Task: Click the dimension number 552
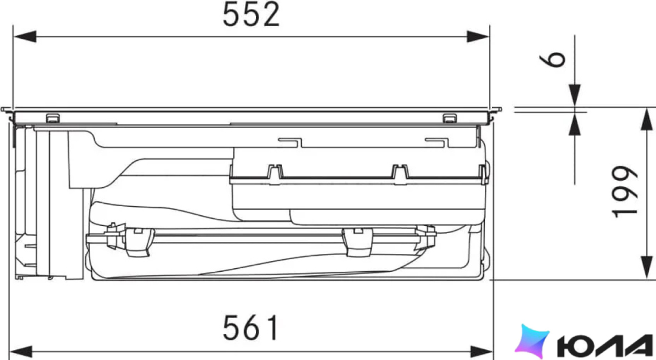(x=251, y=15)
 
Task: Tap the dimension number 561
(x=250, y=328)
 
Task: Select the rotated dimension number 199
(x=624, y=191)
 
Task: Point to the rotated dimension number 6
(x=553, y=59)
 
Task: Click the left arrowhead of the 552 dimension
(x=24, y=36)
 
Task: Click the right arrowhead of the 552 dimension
(x=478, y=36)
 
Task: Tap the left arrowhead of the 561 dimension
(x=20, y=351)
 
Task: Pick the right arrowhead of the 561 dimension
(x=481, y=351)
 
